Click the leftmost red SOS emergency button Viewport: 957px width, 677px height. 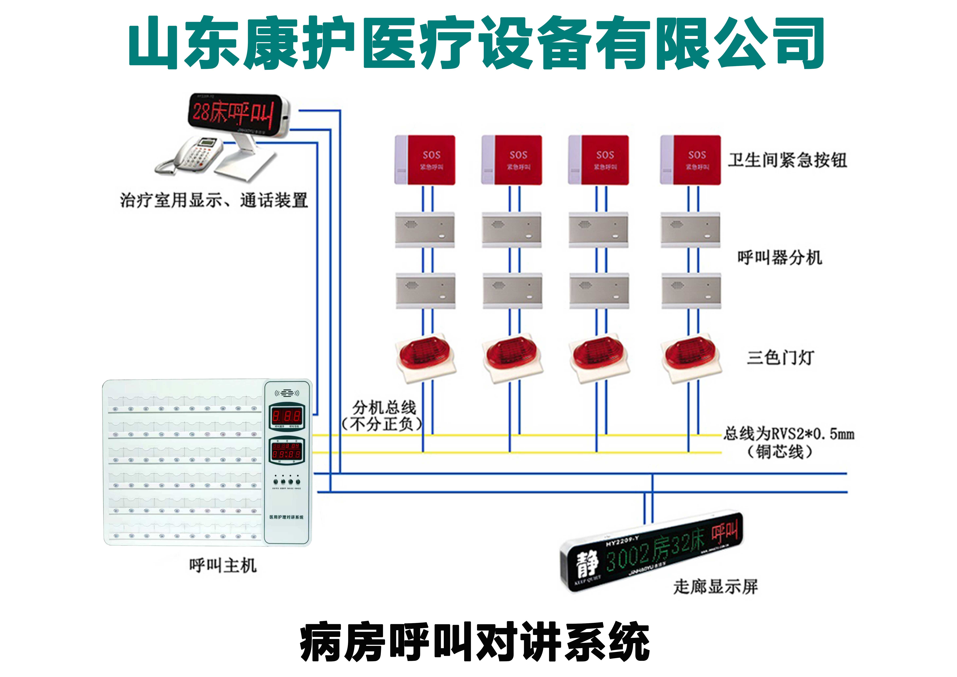pyautogui.click(x=425, y=160)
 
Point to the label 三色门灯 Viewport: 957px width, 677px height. pyautogui.click(x=780, y=358)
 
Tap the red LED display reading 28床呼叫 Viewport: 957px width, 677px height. pyautogui.click(x=233, y=112)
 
